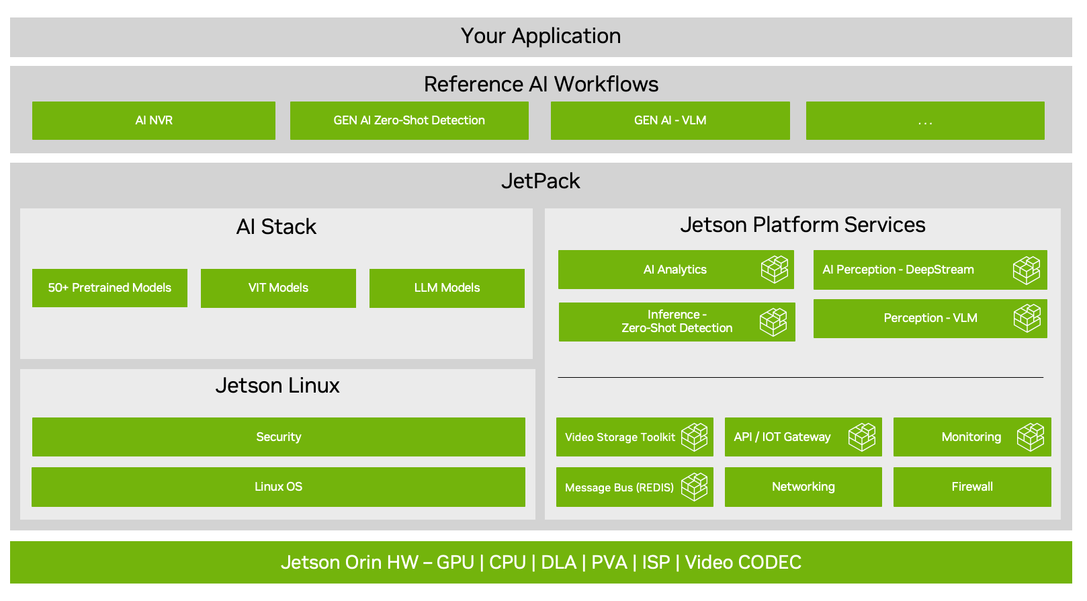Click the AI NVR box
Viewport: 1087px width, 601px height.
point(154,120)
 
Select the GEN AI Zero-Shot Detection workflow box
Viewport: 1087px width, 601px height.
point(409,120)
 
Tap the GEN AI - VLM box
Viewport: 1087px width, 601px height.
point(670,120)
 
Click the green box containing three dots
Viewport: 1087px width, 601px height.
point(925,121)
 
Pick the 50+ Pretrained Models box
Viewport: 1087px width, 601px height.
point(110,288)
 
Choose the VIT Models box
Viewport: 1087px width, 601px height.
point(278,288)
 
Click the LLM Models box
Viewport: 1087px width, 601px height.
point(447,288)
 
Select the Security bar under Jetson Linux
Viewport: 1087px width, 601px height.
point(278,437)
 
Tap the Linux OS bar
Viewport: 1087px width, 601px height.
point(278,487)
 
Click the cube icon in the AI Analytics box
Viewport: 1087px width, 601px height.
point(775,270)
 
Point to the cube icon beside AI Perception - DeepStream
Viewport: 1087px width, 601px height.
point(1027,270)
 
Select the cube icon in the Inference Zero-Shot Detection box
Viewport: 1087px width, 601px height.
point(773,322)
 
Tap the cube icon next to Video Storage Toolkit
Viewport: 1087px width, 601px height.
point(695,437)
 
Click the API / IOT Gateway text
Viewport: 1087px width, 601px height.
point(783,437)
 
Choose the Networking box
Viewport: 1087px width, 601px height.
point(803,487)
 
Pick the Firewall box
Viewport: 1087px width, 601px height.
point(972,487)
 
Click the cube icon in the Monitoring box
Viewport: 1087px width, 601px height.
point(1031,437)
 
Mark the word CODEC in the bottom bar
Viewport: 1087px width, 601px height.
point(772,563)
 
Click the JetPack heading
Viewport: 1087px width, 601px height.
point(541,182)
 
